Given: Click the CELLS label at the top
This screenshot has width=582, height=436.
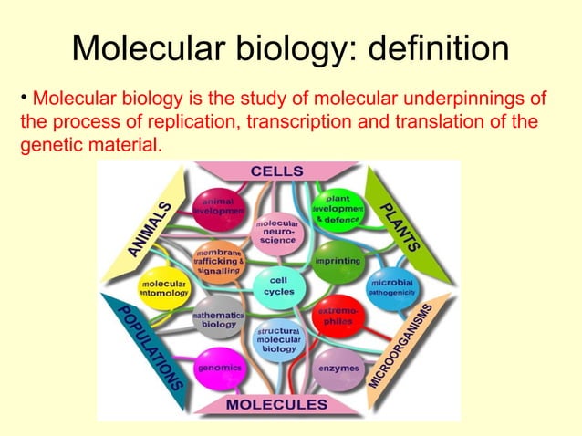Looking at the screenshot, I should (277, 171).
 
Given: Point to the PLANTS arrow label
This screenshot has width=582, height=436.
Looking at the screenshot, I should (400, 224).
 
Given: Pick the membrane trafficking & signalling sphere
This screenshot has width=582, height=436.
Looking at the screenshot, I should (217, 259).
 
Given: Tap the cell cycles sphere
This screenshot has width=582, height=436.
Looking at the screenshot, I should (277, 285).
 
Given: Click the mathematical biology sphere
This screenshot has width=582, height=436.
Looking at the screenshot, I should (218, 318).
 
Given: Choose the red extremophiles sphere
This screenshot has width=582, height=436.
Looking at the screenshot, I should (336, 317).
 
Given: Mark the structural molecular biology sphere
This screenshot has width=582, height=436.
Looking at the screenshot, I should (277, 339).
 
